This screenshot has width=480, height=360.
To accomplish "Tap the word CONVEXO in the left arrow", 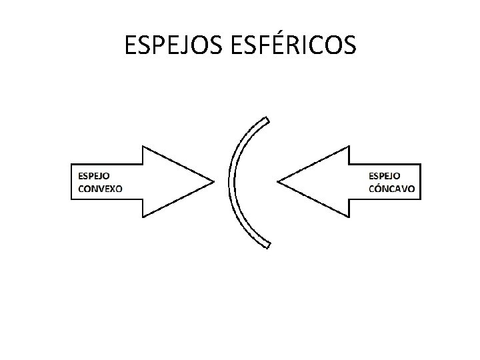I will point(101,188).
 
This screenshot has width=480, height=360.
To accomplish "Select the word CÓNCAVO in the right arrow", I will point(391,189).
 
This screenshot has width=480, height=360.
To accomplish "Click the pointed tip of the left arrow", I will point(213,181).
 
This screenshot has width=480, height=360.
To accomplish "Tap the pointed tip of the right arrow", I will point(278,181).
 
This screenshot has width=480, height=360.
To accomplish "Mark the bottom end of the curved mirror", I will point(267,245).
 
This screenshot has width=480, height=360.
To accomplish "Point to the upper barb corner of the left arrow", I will point(142,146).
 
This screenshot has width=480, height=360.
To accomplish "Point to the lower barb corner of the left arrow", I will point(142,217).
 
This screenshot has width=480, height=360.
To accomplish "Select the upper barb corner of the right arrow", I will point(349,146).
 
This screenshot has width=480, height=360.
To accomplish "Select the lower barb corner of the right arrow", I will point(349,217).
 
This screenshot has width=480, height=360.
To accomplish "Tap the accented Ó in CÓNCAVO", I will point(377,189).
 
